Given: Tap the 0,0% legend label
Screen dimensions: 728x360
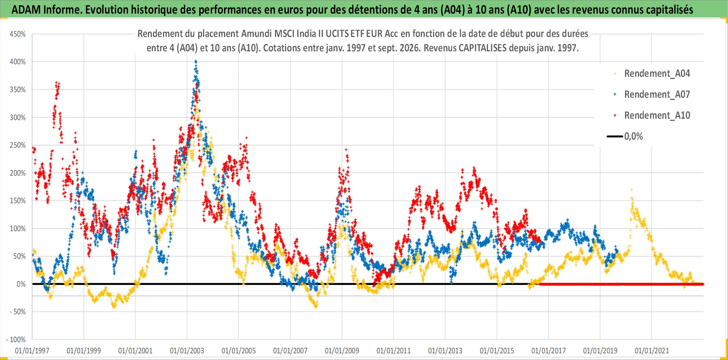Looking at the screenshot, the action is [633, 137].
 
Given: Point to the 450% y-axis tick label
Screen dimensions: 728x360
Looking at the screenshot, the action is [18, 34].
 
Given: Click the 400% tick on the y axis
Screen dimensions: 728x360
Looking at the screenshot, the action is [18, 62].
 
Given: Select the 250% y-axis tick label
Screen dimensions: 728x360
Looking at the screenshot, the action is [18, 145].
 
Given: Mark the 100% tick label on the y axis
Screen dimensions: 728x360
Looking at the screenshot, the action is [18, 229].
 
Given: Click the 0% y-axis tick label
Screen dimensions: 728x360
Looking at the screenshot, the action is [21, 284].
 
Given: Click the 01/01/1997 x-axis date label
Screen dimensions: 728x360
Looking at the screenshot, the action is [32, 351].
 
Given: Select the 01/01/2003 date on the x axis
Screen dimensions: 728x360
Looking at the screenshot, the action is [187, 351].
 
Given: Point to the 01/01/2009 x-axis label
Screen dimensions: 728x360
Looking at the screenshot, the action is [342, 351].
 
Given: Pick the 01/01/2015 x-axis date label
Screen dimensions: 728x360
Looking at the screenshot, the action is [497, 351].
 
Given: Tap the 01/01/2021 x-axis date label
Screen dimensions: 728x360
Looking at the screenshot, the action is [652, 351].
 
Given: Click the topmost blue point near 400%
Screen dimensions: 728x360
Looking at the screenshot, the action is [196, 61].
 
